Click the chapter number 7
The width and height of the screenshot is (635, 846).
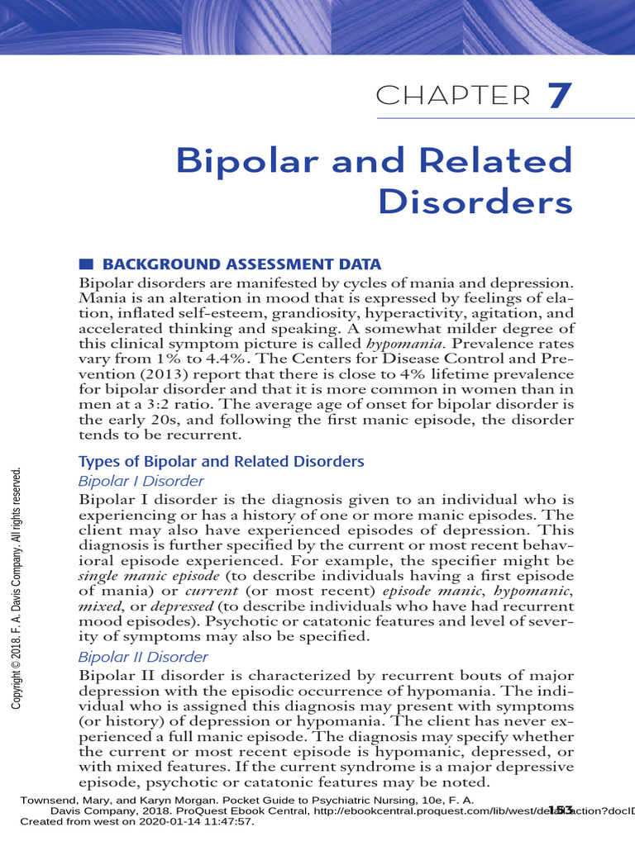point(560,96)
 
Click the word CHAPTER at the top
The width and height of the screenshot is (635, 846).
point(453,97)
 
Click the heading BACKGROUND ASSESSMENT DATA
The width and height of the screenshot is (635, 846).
point(241,264)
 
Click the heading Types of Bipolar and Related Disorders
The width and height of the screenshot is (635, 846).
point(221,461)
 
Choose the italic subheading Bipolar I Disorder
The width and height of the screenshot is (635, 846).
point(141,481)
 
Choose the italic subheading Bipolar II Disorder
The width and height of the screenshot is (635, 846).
point(143,657)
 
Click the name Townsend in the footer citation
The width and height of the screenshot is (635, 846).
point(48,800)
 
